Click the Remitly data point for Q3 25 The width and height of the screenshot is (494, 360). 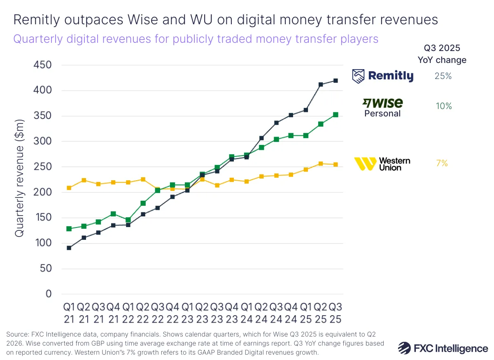pyautogui.click(x=336, y=81)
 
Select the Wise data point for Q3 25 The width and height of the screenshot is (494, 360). pyautogui.click(x=336, y=115)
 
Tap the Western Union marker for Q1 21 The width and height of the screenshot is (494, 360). pyautogui.click(x=69, y=188)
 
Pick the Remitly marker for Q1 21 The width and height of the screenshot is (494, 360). pyautogui.click(x=69, y=248)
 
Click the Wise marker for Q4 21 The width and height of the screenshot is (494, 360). pyautogui.click(x=113, y=214)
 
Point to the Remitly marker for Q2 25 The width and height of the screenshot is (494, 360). pyautogui.click(x=321, y=85)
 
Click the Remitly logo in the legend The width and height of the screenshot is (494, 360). pyautogui.click(x=383, y=76)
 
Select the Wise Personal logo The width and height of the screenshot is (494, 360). pyautogui.click(x=382, y=107)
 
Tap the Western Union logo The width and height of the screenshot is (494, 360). pyautogui.click(x=382, y=164)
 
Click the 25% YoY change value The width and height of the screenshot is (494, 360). pyautogui.click(x=443, y=76)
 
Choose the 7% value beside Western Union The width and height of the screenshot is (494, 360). pyautogui.click(x=442, y=164)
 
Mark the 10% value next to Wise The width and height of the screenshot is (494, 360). pyautogui.click(x=443, y=106)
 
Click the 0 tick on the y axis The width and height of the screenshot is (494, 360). pyautogui.click(x=49, y=294)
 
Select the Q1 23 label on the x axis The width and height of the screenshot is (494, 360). pyautogui.click(x=187, y=313)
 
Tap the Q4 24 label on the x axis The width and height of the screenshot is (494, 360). pyautogui.click(x=291, y=313)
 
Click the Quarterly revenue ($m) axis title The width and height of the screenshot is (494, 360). pyautogui.click(x=19, y=178)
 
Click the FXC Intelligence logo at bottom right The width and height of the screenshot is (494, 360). pyautogui.click(x=443, y=348)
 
